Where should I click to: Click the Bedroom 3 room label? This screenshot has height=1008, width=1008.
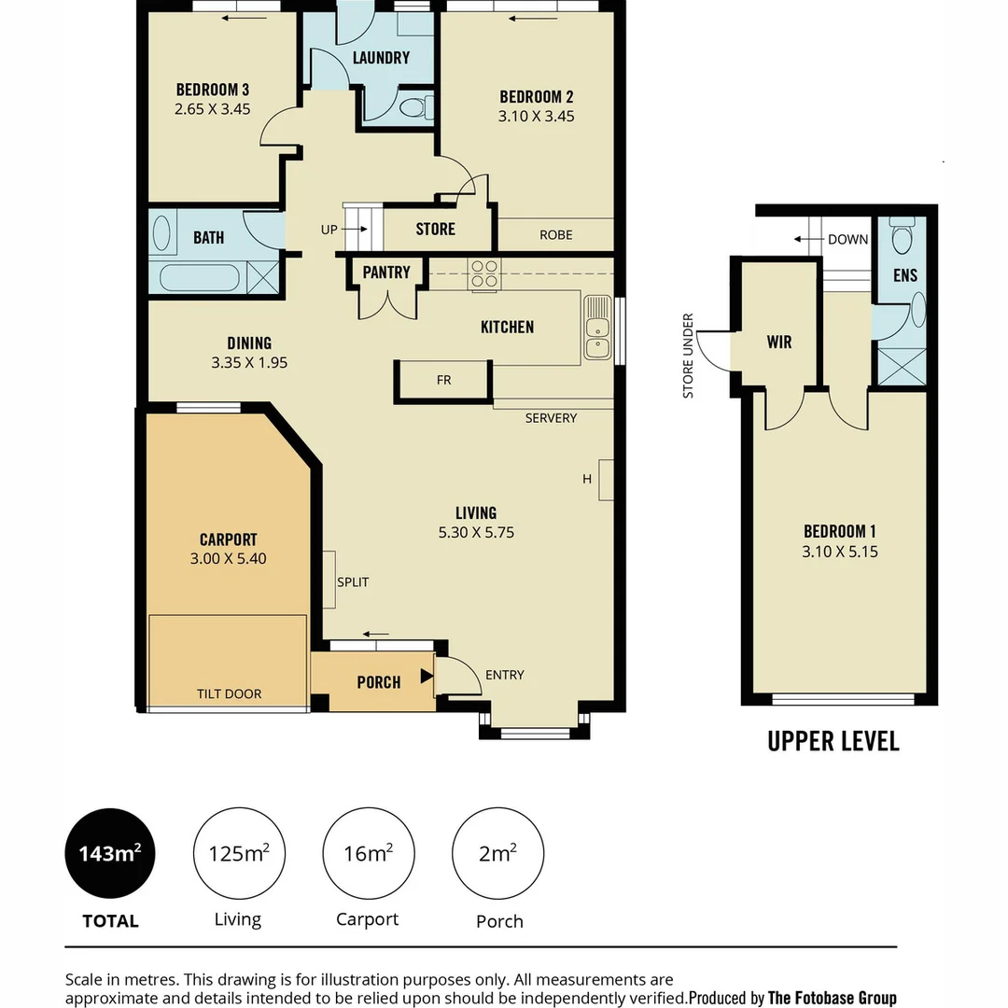coord(212,90)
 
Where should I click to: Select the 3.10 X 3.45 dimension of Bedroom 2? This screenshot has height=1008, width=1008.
coord(536,117)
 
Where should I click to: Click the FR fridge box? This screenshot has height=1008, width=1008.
coord(443,381)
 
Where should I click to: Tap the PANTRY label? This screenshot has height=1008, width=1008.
coord(386,273)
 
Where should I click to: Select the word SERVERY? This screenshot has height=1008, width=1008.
coord(551,418)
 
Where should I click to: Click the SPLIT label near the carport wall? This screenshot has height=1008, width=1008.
coord(353,581)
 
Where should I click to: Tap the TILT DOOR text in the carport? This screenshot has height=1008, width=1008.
coord(229,693)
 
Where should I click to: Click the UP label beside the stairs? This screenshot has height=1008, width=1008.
coord(329,229)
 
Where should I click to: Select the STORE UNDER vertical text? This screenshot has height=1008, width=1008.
coord(689,356)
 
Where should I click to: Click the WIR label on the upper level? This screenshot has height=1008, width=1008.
coord(779,342)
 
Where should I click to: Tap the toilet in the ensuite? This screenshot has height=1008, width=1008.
coord(902,239)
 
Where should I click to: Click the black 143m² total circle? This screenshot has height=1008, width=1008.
coord(109,853)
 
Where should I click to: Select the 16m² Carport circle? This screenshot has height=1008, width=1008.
coord(368,853)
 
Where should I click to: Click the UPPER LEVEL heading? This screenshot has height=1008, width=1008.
coord(833,741)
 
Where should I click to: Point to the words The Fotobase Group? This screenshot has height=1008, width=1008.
coord(832,997)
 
